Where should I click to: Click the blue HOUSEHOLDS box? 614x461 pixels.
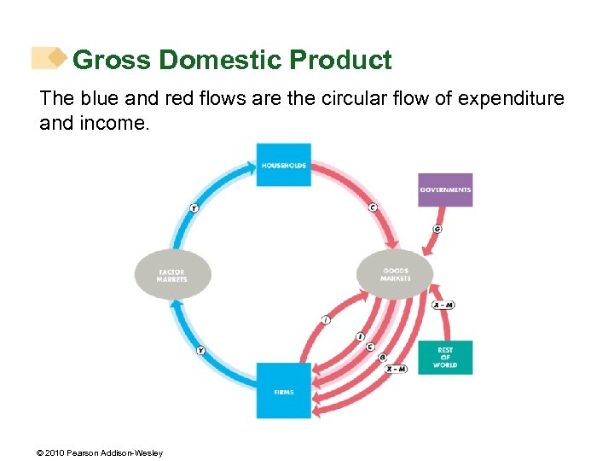tap(283, 165)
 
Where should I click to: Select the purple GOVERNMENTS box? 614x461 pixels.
tap(445, 190)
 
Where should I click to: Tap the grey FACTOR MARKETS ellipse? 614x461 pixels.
tap(171, 275)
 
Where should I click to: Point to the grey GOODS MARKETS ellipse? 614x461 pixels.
tap(396, 274)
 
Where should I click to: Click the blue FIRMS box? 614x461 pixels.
tap(283, 391)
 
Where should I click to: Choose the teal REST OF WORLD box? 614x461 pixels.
tap(445, 358)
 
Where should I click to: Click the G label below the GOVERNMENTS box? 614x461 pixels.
tap(437, 229)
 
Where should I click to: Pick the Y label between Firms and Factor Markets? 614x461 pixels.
tap(200, 350)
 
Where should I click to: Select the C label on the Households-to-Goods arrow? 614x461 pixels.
tap(373, 207)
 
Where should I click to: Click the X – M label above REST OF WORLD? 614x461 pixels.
tap(443, 305)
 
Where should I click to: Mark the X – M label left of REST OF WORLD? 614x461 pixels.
tap(396, 369)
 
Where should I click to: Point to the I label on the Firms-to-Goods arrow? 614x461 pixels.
tap(326, 319)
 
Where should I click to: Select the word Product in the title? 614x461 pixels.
tap(340, 61)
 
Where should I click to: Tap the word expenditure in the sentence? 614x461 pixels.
tap(511, 99)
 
